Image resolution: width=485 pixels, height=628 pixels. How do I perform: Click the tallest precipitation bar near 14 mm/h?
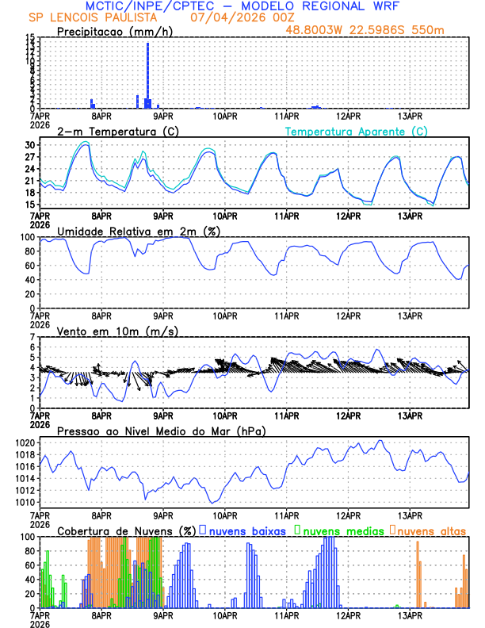147,75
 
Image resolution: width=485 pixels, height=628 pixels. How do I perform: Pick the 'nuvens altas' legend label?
431,530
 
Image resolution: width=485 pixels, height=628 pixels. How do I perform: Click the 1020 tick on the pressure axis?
26,442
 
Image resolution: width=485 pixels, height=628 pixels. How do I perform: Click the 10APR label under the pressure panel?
225,515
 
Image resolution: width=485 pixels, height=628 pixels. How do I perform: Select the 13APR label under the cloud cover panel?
410,615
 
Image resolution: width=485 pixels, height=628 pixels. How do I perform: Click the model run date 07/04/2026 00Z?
236,17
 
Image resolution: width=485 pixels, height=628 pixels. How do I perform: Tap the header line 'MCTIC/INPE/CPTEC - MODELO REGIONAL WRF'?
242,6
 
